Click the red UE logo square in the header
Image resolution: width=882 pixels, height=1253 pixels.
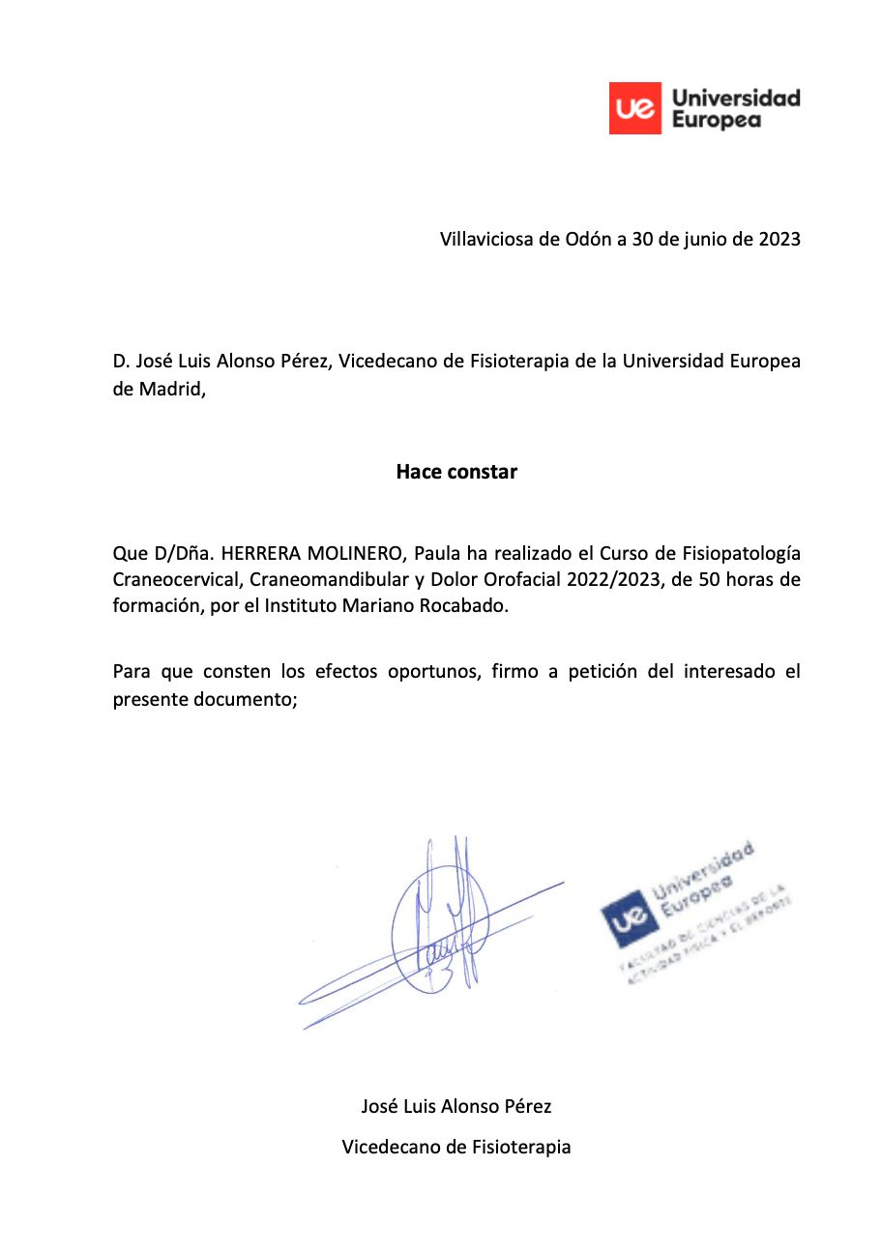pyautogui.click(x=635, y=108)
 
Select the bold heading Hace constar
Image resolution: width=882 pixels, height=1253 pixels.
pyautogui.click(x=456, y=473)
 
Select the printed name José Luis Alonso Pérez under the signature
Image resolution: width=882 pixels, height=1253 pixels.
pyautogui.click(x=456, y=1106)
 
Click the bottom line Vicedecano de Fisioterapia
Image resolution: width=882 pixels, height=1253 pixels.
pyautogui.click(x=456, y=1148)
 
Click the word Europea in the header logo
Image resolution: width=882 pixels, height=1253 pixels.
pyautogui.click(x=716, y=120)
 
